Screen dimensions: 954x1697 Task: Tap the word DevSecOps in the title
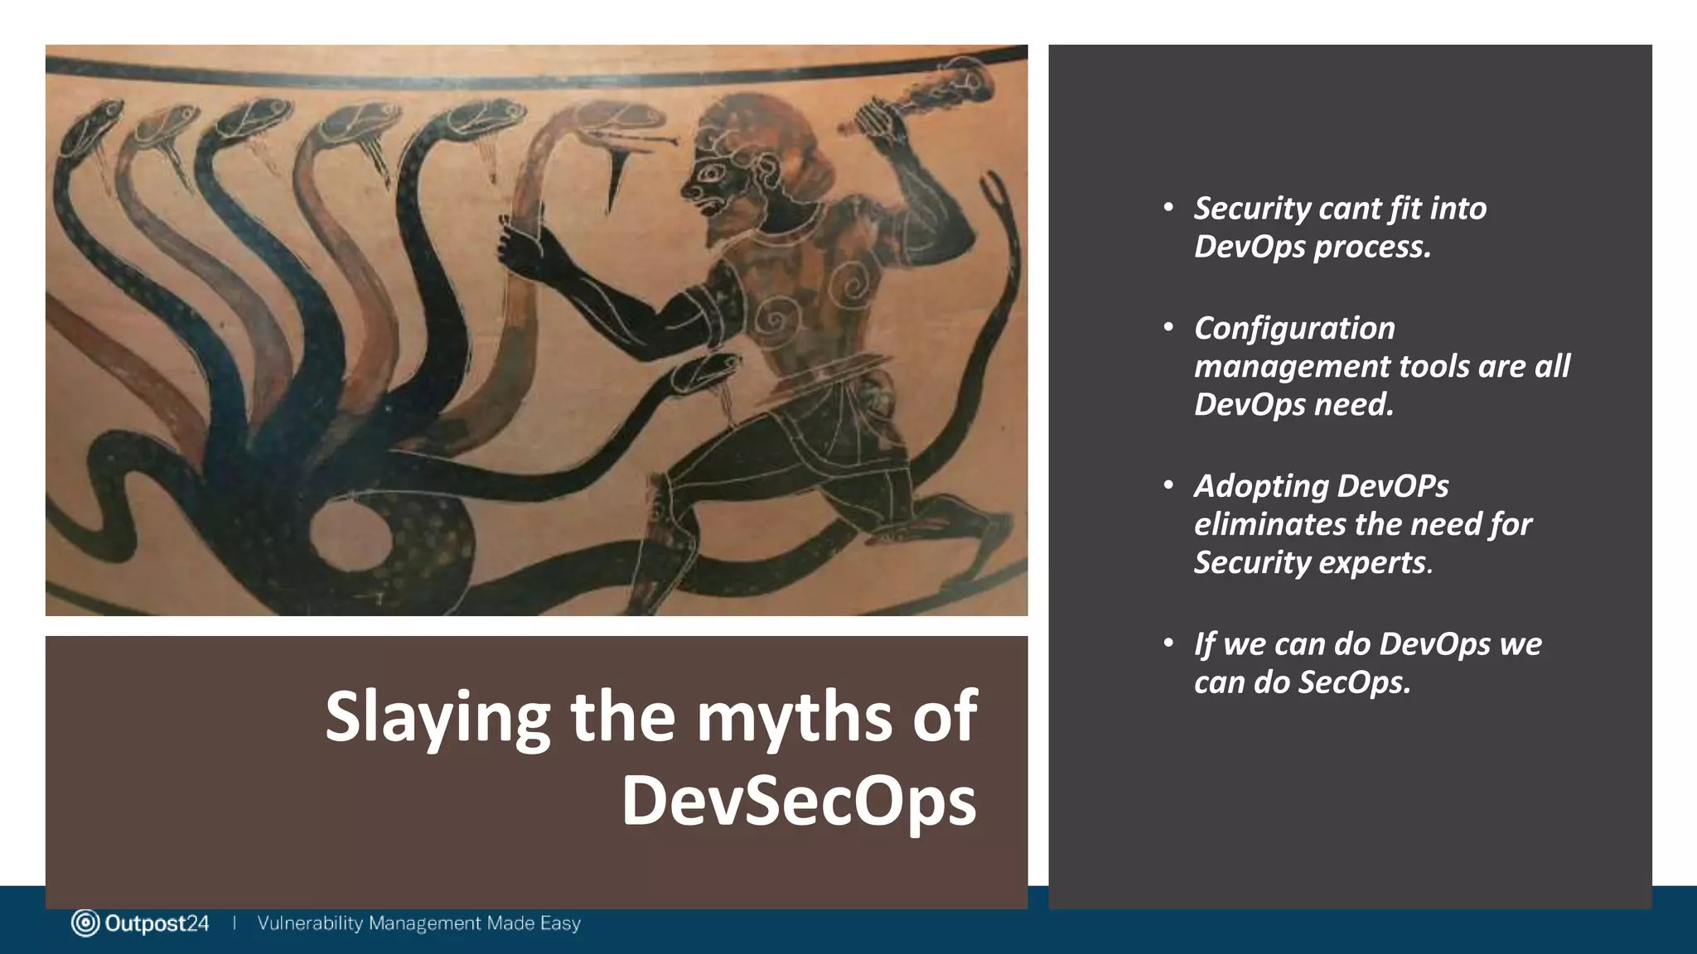[x=799, y=801]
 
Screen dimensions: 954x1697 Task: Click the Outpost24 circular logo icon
[x=85, y=923]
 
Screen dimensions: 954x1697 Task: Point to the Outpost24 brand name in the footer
[x=157, y=923]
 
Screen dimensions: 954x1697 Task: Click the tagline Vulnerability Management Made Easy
[x=418, y=923]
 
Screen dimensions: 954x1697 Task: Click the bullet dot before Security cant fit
[x=1168, y=207]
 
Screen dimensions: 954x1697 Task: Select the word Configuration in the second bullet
[x=1294, y=328]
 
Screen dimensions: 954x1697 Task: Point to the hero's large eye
[x=712, y=174]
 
